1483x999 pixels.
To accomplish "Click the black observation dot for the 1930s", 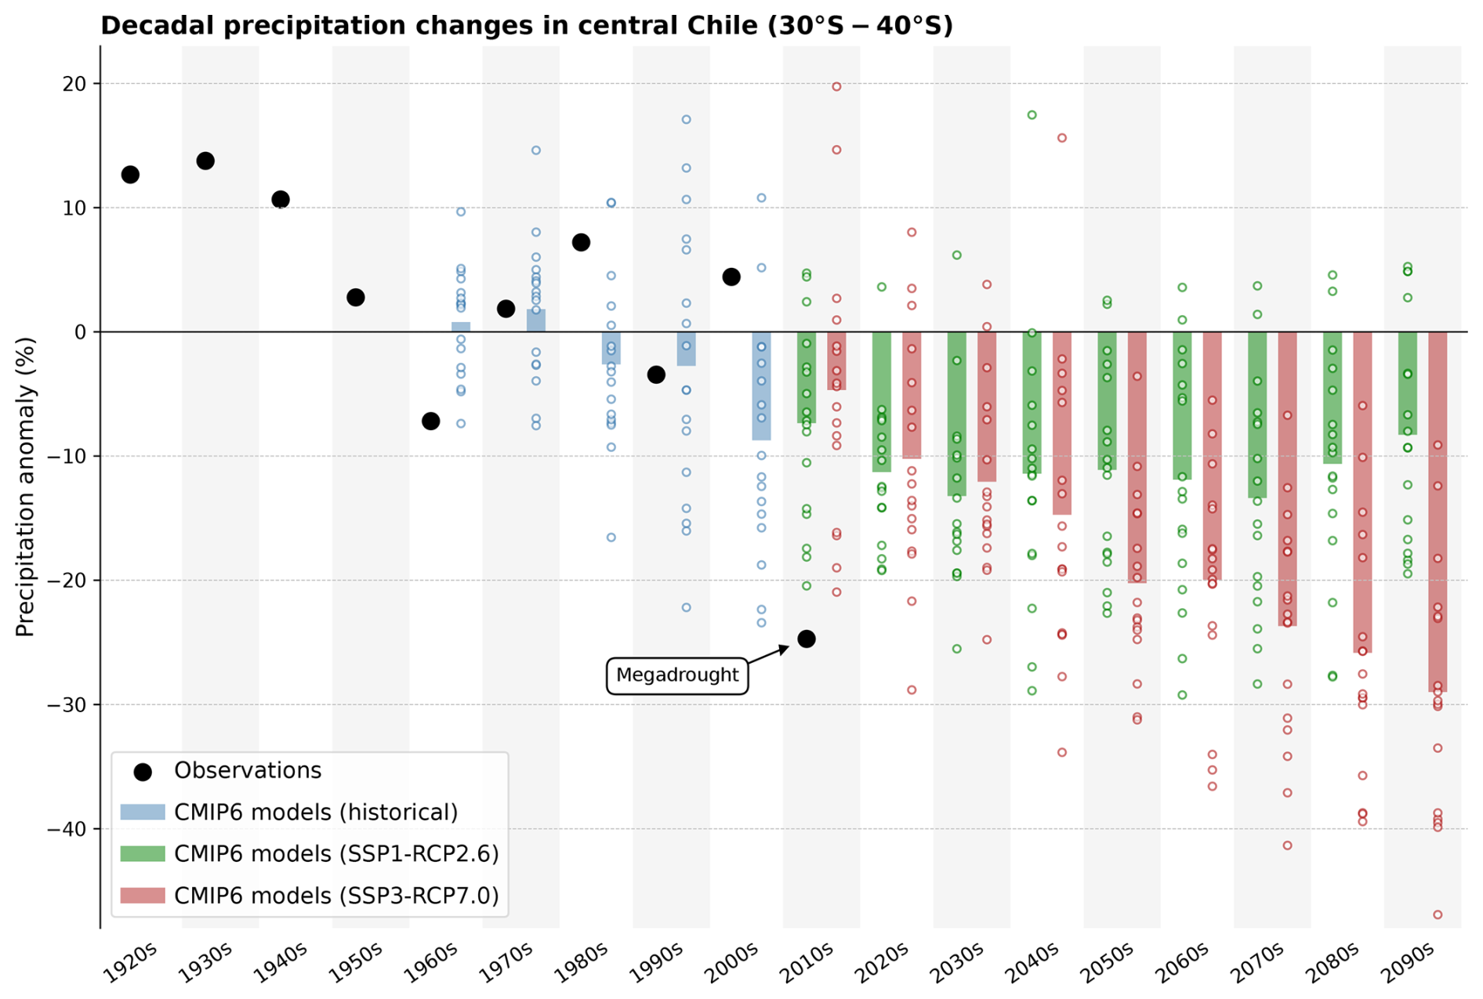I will click(205, 161).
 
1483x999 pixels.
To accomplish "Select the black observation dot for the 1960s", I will click(430, 421).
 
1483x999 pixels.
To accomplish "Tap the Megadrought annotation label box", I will click(676, 675).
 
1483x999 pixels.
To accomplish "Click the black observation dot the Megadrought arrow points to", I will click(806, 639).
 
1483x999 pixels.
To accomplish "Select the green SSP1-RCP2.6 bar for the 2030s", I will click(956, 414).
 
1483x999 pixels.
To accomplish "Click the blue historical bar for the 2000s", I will click(761, 385).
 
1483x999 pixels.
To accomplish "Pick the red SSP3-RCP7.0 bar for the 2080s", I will click(1362, 492).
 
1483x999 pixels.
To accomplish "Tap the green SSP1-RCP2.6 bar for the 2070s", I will click(1256, 414).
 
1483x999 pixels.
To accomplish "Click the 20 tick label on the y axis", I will click(75, 83).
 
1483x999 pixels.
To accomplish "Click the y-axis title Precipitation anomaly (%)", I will click(25, 487).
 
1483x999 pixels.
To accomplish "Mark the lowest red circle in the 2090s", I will click(1437, 914).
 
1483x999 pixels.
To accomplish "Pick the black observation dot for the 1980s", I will click(581, 242).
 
